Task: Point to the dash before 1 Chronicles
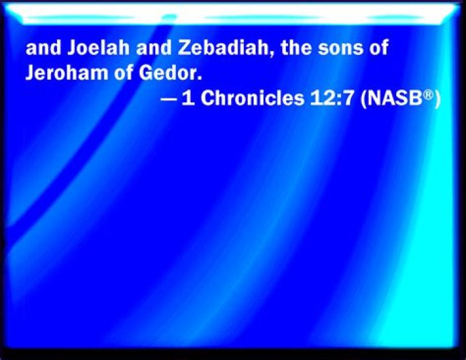click(x=168, y=100)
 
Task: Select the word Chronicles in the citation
click(x=243, y=99)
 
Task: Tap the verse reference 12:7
click(x=322, y=99)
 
